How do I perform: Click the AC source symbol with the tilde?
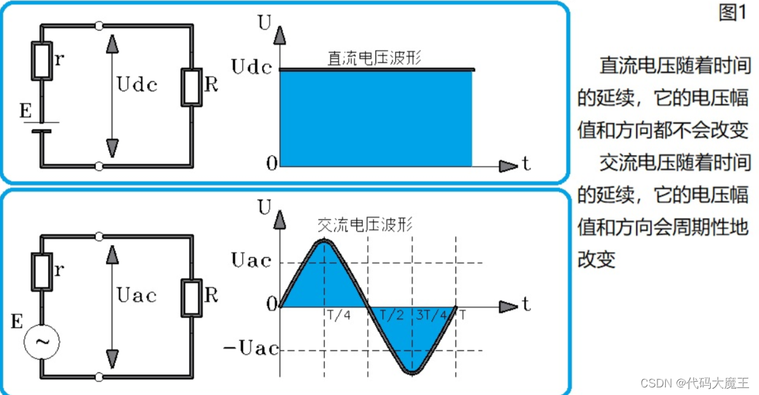(x=42, y=342)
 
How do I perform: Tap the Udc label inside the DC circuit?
(x=137, y=84)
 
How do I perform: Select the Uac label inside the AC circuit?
(x=137, y=295)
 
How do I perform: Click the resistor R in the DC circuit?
(x=191, y=87)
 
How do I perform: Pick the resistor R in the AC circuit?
(x=191, y=296)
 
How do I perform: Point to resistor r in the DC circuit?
(x=43, y=61)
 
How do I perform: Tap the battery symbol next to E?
(x=42, y=127)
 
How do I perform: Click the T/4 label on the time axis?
(x=338, y=315)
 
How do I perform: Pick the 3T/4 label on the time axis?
(x=432, y=315)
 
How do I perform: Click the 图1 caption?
(x=733, y=13)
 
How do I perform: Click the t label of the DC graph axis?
(x=526, y=165)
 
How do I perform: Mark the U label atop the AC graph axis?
(x=264, y=206)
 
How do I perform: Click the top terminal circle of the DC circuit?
(x=98, y=26)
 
